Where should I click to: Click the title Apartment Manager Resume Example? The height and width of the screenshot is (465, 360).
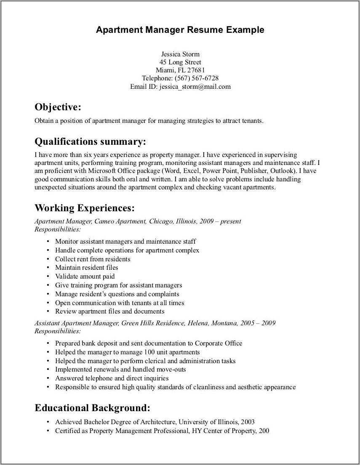180,30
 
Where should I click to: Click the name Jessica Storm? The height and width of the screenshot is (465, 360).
180,54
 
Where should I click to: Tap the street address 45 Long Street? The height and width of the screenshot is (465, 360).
180,62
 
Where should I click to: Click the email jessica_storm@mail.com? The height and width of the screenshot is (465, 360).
195,87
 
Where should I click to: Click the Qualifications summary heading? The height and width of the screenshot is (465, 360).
90,141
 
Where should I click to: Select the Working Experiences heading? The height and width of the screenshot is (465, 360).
85,208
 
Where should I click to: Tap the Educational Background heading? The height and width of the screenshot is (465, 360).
92,408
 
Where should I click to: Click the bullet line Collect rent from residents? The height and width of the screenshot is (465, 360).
93,259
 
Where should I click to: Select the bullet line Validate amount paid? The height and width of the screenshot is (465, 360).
85,276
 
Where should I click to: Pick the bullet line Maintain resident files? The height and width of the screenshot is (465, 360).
86,268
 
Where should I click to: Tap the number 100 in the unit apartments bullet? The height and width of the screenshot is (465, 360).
150,352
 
